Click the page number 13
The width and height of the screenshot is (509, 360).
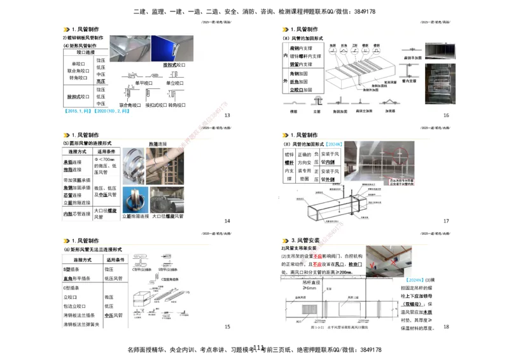pyautogui.click(x=227, y=115)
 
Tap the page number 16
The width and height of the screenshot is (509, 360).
pyautogui.click(x=446, y=115)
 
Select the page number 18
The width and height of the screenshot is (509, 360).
pyautogui.click(x=446, y=326)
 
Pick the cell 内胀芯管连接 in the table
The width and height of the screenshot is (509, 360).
pyautogui.click(x=76, y=214)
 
